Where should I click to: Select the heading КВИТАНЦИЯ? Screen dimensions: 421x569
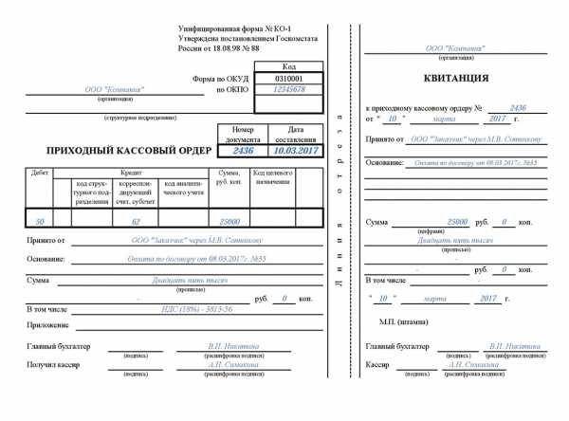pyautogui.click(x=455, y=78)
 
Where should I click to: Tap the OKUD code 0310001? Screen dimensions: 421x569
pyautogui.click(x=288, y=79)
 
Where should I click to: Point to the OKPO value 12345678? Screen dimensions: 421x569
pyautogui.click(x=289, y=89)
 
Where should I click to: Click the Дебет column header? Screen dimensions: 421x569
pyautogui.click(x=40, y=173)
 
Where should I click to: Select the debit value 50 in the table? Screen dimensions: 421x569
pyautogui.click(x=39, y=220)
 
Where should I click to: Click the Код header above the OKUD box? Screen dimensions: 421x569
pyautogui.click(x=289, y=67)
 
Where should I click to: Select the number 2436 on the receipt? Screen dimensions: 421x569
pyautogui.click(x=517, y=109)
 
